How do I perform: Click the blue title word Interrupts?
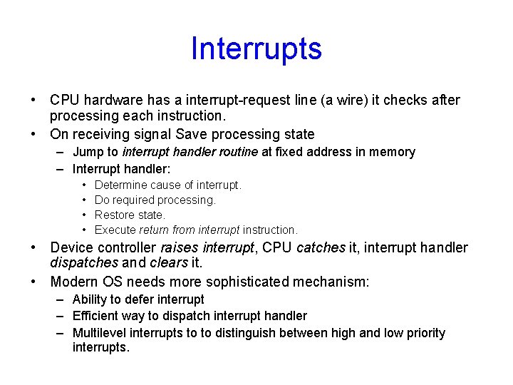tap(256, 48)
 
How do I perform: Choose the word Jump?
tap(87, 152)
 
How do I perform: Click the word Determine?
tap(122, 185)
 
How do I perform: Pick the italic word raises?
tap(180, 248)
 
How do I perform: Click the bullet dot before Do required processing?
tap(85, 200)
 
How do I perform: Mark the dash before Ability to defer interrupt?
tap(58, 299)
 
